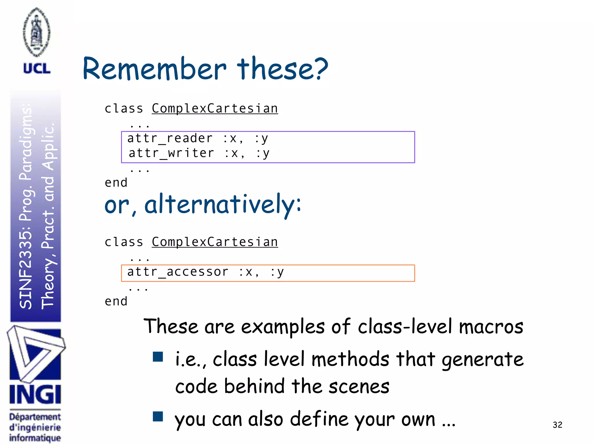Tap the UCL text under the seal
[x=37, y=69]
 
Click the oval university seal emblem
[x=37, y=32]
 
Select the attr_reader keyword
[x=170, y=138]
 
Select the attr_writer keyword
[x=171, y=153]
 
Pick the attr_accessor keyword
[x=178, y=272]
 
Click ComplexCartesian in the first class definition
[x=215, y=109]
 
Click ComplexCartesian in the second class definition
[x=215, y=242]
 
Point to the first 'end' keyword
[x=116, y=183]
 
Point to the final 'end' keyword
[x=116, y=302]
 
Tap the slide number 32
[x=557, y=425]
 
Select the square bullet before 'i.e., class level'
[x=158, y=357]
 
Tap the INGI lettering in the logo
[x=35, y=394]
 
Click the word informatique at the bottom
[x=35, y=438]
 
